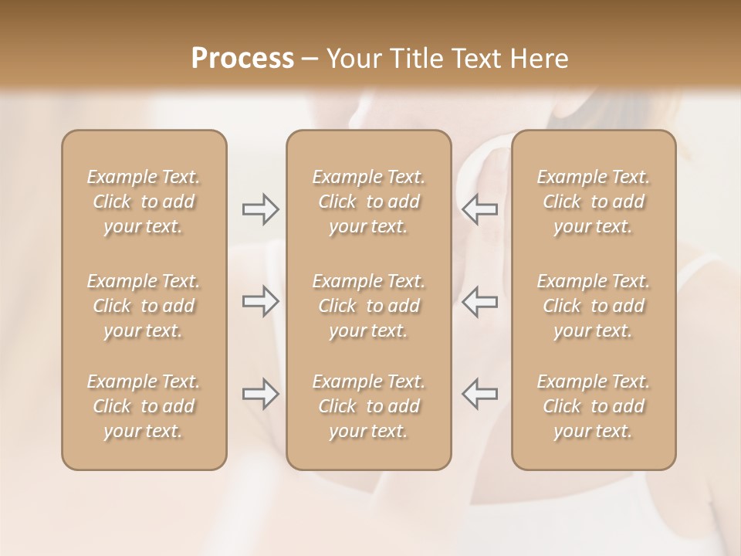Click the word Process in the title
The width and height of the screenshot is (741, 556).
[x=242, y=59]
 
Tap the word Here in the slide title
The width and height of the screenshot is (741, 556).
[x=540, y=59]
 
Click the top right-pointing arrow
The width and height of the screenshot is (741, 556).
[x=261, y=209]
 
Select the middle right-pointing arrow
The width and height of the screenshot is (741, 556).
[x=261, y=301]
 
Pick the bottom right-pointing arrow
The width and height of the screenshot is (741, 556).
[x=261, y=394]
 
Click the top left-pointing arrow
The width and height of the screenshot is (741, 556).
[x=479, y=209]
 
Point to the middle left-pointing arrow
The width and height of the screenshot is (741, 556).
[x=479, y=301]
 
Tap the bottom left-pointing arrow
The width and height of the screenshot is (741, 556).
[x=479, y=394]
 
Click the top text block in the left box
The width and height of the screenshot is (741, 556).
[x=144, y=202]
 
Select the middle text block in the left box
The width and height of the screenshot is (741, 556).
[x=144, y=306]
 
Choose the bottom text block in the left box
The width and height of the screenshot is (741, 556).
[x=144, y=406]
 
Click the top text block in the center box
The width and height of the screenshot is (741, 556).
[x=369, y=202]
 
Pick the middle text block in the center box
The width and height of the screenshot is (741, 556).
[x=369, y=306]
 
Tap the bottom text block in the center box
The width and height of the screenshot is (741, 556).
[x=369, y=406]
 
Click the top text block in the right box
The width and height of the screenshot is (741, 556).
[x=594, y=202]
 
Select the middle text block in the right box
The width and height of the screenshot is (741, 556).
[x=594, y=306]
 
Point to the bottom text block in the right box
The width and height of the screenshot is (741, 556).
[x=594, y=406]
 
